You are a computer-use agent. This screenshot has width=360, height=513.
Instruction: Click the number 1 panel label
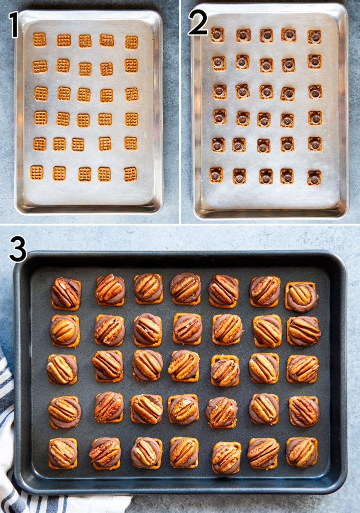14,25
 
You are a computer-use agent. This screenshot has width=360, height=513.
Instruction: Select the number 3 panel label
18,249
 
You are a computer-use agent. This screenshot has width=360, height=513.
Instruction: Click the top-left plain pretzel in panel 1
40,40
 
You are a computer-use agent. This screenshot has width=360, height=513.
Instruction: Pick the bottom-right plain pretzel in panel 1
130,174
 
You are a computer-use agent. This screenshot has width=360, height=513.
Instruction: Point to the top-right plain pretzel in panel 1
131,42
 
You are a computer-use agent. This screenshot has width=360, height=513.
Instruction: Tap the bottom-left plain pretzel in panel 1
37,172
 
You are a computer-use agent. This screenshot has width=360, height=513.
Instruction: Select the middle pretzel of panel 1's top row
85,41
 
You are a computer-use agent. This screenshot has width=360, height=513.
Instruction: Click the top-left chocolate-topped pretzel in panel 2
217,35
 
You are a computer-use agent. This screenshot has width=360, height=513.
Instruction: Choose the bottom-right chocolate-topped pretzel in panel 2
314,178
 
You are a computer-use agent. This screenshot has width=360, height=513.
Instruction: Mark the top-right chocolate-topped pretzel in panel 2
314,37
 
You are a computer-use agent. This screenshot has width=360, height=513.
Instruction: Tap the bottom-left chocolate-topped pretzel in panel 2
216,175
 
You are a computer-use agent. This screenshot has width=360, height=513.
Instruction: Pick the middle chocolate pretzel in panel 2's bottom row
266,176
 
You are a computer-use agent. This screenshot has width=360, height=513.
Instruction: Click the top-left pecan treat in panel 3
66,294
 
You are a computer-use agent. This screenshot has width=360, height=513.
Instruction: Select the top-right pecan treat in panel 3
301,297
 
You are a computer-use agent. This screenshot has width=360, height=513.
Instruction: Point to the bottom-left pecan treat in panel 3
63,453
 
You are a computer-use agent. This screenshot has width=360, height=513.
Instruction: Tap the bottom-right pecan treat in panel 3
301,452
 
